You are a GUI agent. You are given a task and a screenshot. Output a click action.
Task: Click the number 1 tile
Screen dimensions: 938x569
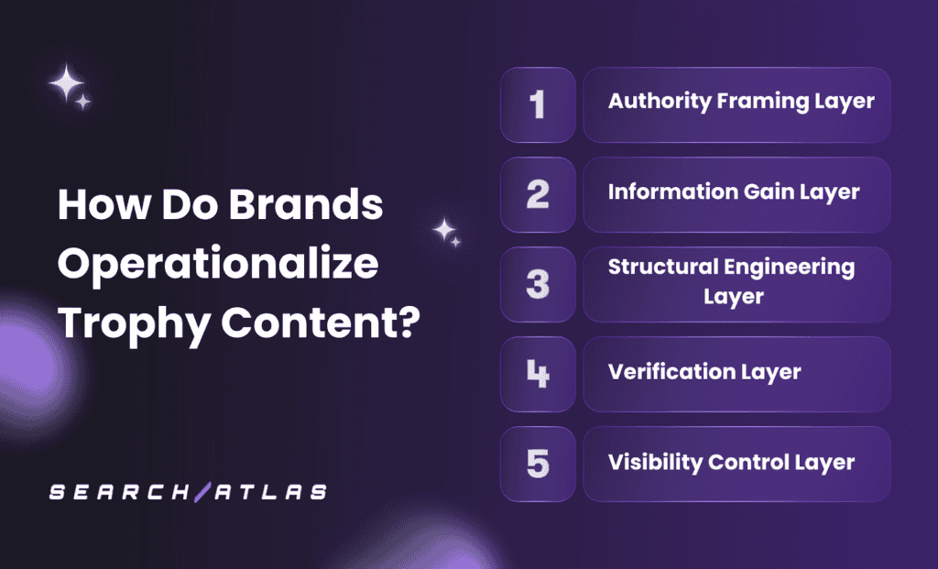pos(538,105)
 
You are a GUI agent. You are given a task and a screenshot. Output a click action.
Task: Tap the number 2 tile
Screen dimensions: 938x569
pos(538,195)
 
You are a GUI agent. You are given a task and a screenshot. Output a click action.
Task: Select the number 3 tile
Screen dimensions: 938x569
pos(538,285)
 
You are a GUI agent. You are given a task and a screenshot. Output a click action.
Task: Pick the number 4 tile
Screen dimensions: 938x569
pos(538,375)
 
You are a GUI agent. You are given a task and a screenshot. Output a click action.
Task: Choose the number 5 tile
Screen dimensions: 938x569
pos(538,465)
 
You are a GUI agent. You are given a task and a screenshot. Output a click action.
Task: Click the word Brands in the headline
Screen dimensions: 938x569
pos(306,204)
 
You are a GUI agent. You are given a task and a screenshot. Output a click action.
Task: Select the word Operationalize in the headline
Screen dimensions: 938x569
pos(218,265)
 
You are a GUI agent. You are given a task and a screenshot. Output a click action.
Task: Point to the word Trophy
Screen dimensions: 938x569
pos(134,324)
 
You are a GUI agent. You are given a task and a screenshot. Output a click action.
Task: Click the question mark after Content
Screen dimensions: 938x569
pos(409,322)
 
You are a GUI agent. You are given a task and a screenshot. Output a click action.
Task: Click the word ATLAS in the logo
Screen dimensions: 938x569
pos(271,492)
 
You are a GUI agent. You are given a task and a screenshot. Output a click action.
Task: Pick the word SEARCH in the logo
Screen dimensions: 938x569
pos(120,492)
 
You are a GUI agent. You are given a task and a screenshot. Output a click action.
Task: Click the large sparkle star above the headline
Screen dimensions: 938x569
pos(66,82)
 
